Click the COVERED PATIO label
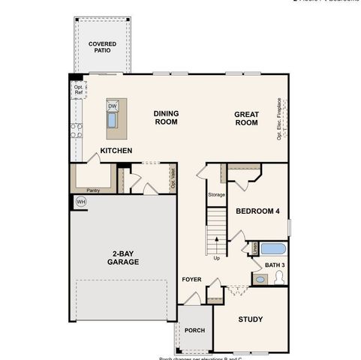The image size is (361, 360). [x=102, y=49]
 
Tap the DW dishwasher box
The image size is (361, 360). [x=113, y=106]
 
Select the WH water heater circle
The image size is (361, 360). [x=81, y=202]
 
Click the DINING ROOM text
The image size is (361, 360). [x=166, y=118]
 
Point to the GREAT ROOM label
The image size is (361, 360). [x=246, y=119]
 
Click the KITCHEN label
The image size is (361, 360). [x=116, y=151]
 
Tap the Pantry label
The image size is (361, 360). [x=93, y=190]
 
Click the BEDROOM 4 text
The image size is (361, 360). [x=257, y=211]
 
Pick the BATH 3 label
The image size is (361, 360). [x=274, y=265]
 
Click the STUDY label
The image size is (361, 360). [x=251, y=319]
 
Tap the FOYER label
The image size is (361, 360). [x=191, y=280]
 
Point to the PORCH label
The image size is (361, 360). [x=194, y=329]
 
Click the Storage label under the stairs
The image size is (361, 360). [x=216, y=195]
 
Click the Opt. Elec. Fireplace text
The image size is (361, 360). [x=278, y=118]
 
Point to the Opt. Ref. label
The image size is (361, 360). [x=77, y=89]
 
